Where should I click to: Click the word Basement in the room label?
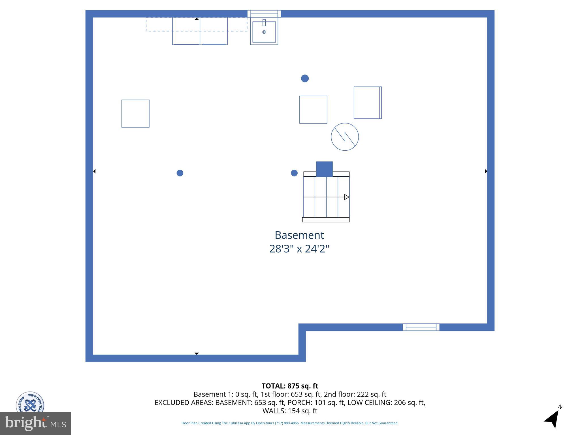pos(299,235)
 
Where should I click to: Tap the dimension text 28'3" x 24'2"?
pos(299,249)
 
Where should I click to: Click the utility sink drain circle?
pos(264,32)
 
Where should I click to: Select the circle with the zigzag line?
pos(345,137)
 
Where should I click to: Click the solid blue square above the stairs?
pos(324,169)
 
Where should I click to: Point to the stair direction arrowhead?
pos(346,197)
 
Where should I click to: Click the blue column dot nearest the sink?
pos(305,78)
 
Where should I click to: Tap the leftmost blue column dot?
pos(180,173)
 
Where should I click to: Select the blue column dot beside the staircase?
pos(294,173)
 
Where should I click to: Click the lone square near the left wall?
pos(135,114)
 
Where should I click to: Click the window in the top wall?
pos(264,14)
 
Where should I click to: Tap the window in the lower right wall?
pos(421,327)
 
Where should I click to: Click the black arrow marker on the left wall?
pos(94,171)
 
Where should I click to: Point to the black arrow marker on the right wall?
pos(486,171)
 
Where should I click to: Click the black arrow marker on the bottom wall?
pos(197,353)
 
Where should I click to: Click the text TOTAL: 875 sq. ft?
pos(290,386)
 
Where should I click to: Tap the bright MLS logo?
pos(35,423)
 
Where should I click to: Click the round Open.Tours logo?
pos(30,402)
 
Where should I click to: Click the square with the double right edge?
pos(368,103)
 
